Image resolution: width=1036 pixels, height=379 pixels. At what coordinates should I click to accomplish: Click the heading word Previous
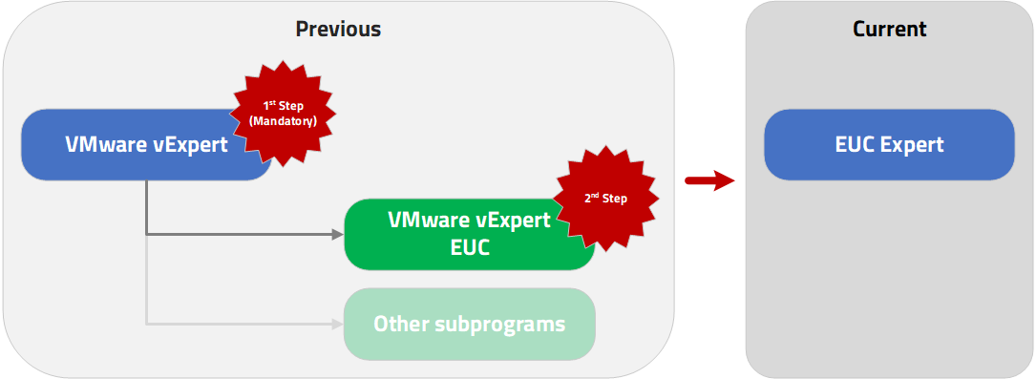(338, 29)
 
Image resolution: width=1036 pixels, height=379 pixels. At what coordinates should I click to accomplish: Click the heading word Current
(889, 29)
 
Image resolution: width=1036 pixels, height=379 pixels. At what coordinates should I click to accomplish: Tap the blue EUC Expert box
(889, 144)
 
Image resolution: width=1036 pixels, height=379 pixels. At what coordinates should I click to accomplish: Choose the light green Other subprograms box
(469, 324)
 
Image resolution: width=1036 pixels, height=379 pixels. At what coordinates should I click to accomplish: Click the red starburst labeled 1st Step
(283, 114)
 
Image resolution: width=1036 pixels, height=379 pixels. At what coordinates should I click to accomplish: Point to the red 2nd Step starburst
(606, 199)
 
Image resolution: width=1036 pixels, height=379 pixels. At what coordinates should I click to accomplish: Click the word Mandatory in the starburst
(283, 120)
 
